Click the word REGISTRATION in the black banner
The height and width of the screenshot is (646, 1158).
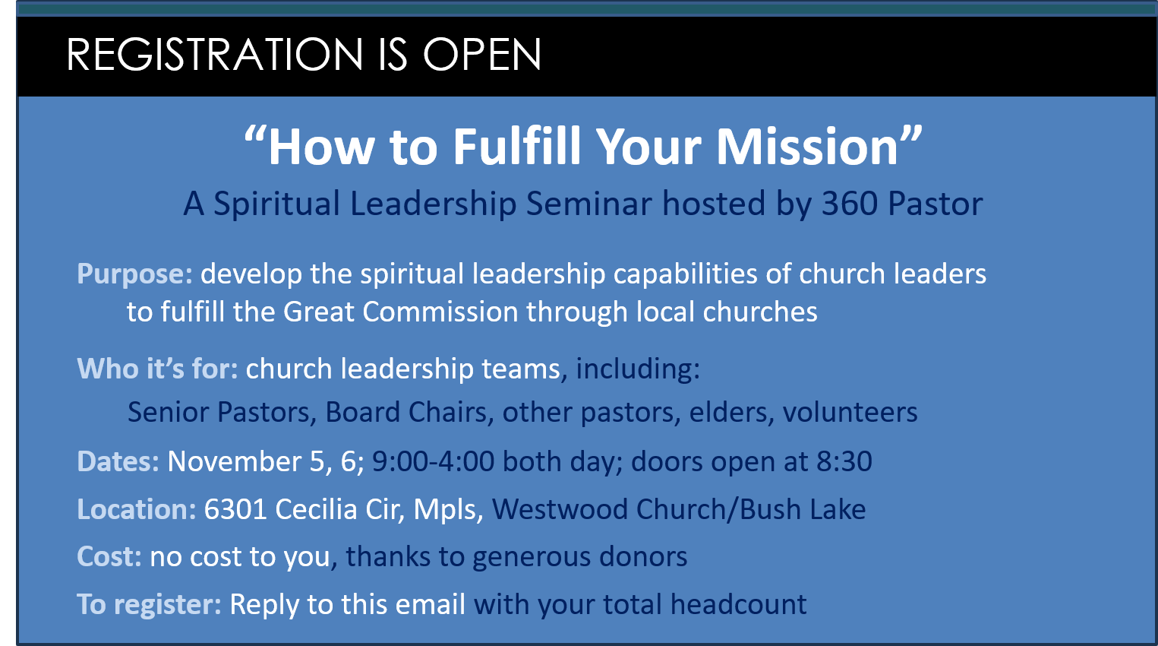coord(215,54)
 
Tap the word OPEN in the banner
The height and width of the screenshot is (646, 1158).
coord(482,54)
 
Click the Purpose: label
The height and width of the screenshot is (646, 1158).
coord(134,274)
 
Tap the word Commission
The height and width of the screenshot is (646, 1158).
coord(440,312)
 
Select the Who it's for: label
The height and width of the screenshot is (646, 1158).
coord(157,369)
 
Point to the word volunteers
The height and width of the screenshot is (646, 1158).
coord(850,412)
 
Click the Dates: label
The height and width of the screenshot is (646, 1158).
coord(118,461)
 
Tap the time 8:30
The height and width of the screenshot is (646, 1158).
coord(844,461)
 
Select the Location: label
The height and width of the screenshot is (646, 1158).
coord(137,509)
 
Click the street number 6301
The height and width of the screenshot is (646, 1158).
coord(235,509)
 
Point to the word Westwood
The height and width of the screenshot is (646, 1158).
coord(560,509)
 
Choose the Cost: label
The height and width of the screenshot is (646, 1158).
coord(109,557)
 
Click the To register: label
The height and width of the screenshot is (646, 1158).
coord(149,605)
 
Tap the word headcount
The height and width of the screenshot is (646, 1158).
coord(738,604)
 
